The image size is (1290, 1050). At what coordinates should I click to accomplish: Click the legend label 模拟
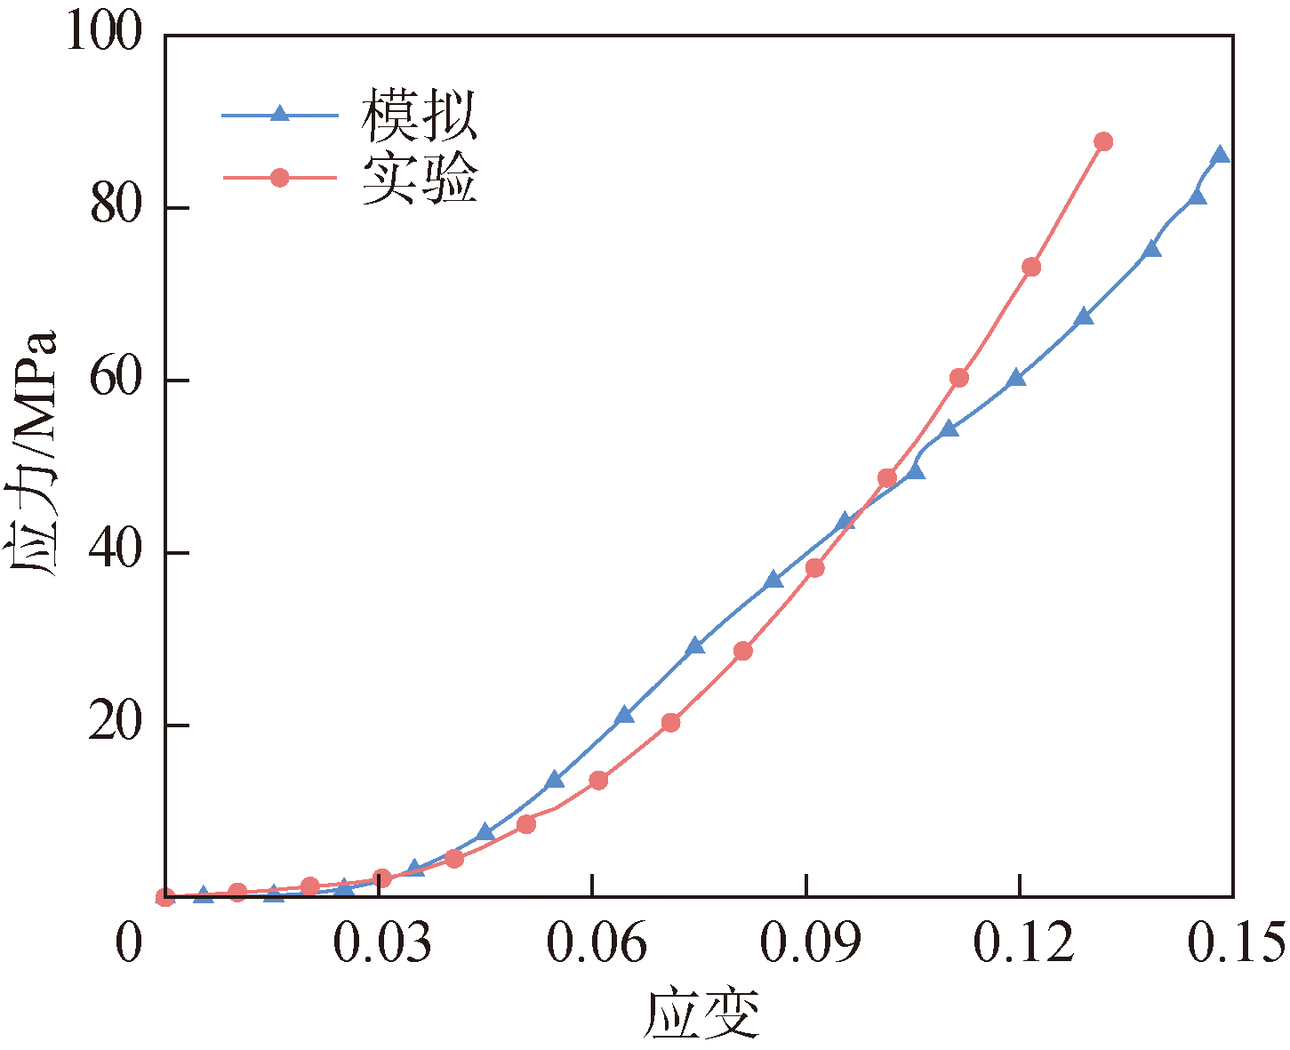[x=419, y=116]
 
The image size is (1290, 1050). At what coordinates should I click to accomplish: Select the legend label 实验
[x=419, y=178]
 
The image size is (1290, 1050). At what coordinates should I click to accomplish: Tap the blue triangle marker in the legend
[x=279, y=114]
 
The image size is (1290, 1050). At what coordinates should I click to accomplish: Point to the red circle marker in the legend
[x=279, y=178]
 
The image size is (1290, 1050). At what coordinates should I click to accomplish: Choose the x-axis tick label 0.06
[x=596, y=944]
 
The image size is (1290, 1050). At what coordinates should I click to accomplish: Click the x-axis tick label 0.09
[x=809, y=944]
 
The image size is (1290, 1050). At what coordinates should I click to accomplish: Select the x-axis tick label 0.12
[x=1023, y=944]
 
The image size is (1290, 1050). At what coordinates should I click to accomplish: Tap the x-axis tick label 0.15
[x=1237, y=944]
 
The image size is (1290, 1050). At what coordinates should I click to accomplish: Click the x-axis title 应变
[x=701, y=1014]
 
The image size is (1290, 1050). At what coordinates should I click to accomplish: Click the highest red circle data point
[x=1103, y=141]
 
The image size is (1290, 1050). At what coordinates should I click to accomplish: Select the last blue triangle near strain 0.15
[x=1220, y=156]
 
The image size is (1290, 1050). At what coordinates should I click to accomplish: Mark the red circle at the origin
[x=165, y=897]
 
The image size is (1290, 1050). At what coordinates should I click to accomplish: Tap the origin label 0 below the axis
[x=130, y=944]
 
